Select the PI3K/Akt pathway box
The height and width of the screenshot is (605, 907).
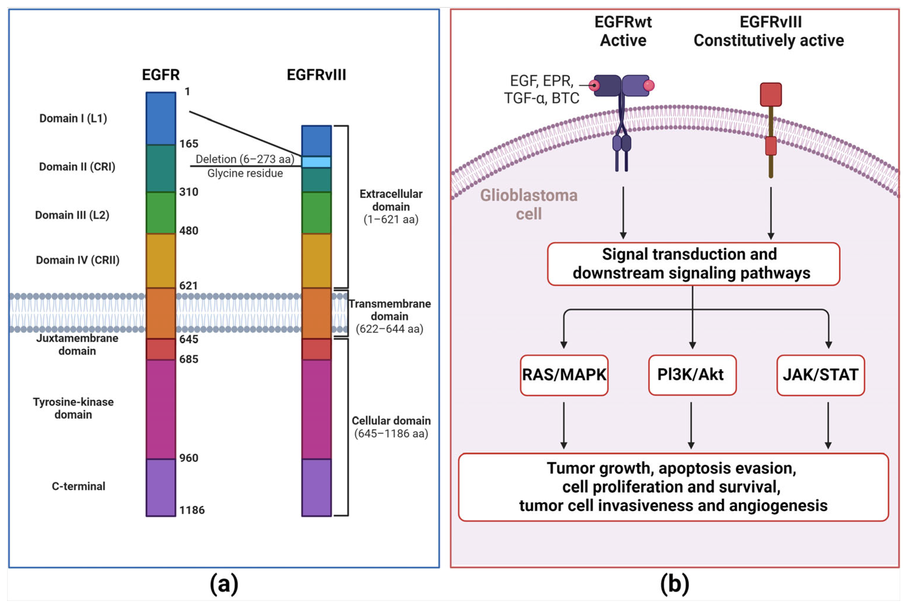[x=692, y=375]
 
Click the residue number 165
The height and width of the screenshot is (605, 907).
[x=189, y=144]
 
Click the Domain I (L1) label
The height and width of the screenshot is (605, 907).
[x=73, y=119]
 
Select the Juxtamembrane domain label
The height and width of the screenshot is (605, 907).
[x=77, y=345]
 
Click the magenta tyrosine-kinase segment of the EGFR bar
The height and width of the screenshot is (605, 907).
[x=160, y=409]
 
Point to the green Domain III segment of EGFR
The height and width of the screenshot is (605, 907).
[x=160, y=212]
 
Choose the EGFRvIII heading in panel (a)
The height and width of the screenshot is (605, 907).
[x=316, y=75]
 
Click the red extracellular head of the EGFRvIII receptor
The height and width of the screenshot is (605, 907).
[x=770, y=94]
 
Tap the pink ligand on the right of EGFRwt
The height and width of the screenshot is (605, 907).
[x=649, y=85]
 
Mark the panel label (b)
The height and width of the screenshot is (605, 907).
[x=674, y=584]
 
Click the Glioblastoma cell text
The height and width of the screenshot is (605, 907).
[x=528, y=205]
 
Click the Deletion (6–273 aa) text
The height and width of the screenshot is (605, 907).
[x=245, y=159]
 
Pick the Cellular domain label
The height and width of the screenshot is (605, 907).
[x=391, y=427]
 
